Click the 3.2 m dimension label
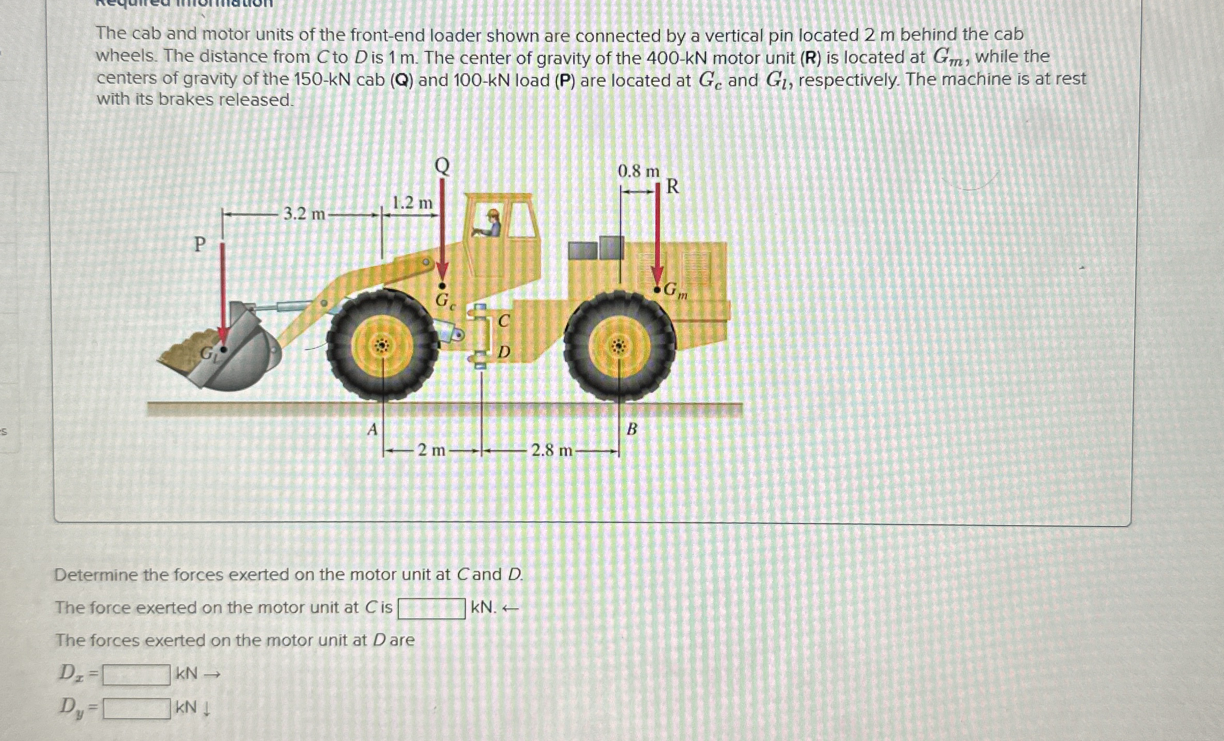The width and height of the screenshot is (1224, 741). [304, 214]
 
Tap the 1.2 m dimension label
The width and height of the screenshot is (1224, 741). [412, 203]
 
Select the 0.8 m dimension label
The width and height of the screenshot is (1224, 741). [638, 171]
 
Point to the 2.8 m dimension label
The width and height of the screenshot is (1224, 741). [551, 451]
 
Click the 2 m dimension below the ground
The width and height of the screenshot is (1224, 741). [432, 450]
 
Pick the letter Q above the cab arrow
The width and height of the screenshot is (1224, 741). [442, 166]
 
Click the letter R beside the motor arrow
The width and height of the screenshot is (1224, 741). [672, 186]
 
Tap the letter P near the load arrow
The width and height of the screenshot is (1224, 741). [200, 244]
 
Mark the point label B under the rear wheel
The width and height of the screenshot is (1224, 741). [632, 430]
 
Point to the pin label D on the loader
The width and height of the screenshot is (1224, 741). [504, 353]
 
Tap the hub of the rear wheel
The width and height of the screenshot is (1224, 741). [619, 346]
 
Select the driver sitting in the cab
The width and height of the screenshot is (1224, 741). [492, 224]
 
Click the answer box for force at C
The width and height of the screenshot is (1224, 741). [431, 609]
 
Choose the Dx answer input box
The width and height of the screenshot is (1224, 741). [137, 675]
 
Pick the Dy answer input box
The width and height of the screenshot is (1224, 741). [137, 708]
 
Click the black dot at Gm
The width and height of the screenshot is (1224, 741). [658, 289]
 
